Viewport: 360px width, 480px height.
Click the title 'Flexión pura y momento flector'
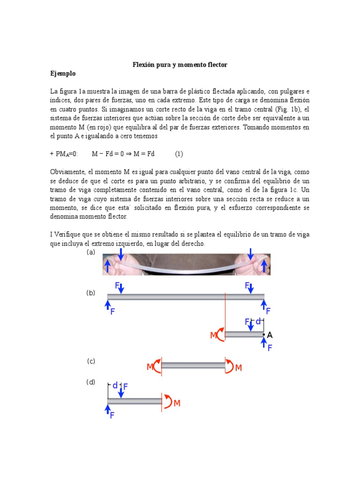coord(180,65)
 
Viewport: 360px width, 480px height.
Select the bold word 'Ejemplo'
coord(63,74)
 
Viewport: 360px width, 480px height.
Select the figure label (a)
coord(91,252)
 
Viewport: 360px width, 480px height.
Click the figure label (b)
coord(91,293)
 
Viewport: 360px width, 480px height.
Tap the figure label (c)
coord(91,361)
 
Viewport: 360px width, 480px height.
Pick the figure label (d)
coord(91,382)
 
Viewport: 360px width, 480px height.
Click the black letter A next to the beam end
coord(270,335)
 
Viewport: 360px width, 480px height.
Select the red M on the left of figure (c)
coord(150,367)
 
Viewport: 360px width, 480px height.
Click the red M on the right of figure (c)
coord(238,368)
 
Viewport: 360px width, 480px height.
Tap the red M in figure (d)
coord(177,403)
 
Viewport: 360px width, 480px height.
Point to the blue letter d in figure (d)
coord(115,385)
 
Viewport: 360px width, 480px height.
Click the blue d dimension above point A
coord(258,322)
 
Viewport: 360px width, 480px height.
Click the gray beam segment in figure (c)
coord(193,365)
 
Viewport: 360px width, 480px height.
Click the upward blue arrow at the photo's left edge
coord(108,266)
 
